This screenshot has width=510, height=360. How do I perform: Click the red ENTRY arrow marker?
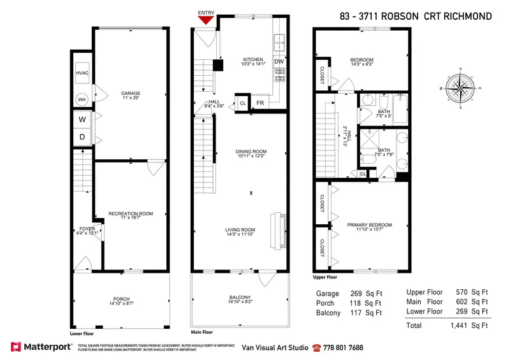pos(205,20)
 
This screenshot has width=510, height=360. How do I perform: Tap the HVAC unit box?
pos(82,74)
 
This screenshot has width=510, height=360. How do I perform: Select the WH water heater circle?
pos(82,99)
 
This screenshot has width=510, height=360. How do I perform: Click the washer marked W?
pos(82,119)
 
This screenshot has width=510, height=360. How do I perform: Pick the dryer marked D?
pos(82,136)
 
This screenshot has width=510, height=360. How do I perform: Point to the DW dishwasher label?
pos(279,62)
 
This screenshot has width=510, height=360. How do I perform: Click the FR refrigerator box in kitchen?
pos(260,103)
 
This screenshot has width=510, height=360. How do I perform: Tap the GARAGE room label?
pos(131,94)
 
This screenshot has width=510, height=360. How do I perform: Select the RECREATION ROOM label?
pos(130,213)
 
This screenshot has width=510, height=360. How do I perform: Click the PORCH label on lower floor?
pos(121,298)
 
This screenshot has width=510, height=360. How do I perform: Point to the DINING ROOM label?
pos(250,150)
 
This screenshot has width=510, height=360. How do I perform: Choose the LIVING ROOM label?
pos(240,230)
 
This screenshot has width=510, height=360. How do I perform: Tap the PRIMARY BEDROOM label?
pos(370,225)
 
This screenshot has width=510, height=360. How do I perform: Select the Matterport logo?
pos(42,347)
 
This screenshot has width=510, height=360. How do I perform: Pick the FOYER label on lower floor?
pos(87,229)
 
